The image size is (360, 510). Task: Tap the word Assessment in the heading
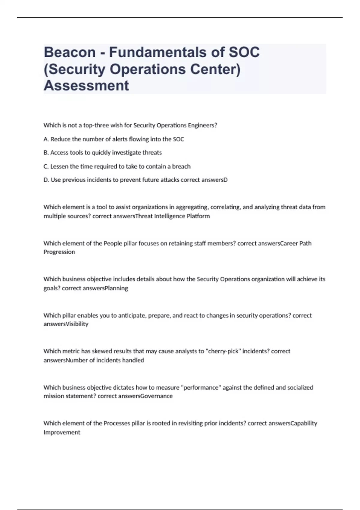click(x=86, y=85)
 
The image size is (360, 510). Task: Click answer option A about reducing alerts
click(x=114, y=139)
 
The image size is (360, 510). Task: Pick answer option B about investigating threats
click(x=103, y=153)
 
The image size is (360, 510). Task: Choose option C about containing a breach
click(x=117, y=166)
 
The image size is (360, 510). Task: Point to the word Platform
click(x=198, y=216)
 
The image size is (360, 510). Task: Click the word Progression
click(x=59, y=252)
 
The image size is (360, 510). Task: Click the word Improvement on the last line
click(x=62, y=433)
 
